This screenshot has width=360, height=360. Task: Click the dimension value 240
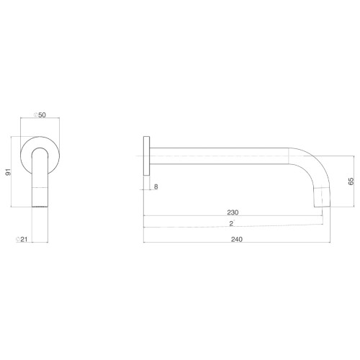coord(237,239)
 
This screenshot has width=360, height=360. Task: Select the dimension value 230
coord(233,212)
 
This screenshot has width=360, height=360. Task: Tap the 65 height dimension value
coord(351,181)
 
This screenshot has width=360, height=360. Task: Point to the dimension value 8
coord(156,186)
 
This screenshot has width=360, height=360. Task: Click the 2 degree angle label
coord(232,223)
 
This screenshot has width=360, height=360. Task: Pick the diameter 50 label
coord(40,115)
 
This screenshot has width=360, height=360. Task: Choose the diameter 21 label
coord(22,239)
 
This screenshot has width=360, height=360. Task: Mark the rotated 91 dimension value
coord(9,172)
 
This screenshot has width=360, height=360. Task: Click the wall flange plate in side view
coord(146,156)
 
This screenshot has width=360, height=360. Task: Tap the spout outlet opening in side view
coord(323,207)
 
